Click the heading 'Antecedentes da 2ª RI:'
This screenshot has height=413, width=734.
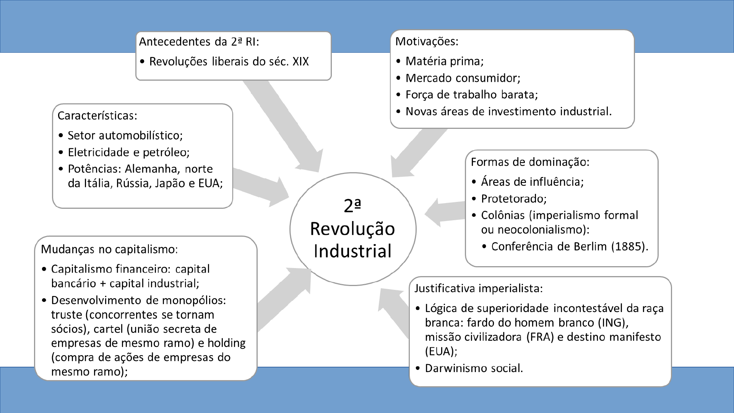click(x=199, y=42)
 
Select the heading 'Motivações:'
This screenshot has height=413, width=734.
click(x=427, y=41)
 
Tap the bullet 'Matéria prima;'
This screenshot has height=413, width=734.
click(x=444, y=61)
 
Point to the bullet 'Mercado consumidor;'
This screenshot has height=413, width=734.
click(x=463, y=78)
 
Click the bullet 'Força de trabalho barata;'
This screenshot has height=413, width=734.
click(x=471, y=94)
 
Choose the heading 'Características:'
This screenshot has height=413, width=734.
click(x=97, y=115)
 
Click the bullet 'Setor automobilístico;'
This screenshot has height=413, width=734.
click(x=125, y=135)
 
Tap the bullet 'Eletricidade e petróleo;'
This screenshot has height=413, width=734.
click(x=128, y=152)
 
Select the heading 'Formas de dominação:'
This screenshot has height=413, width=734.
click(x=530, y=162)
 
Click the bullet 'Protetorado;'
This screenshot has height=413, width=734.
click(x=514, y=198)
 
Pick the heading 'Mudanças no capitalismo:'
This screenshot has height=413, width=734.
click(x=109, y=249)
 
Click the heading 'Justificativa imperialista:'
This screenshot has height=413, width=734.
click(x=479, y=288)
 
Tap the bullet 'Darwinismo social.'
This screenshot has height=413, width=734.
click(x=474, y=368)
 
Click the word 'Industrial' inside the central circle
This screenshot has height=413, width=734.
click(x=352, y=251)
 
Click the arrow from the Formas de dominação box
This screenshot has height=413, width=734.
click(x=443, y=212)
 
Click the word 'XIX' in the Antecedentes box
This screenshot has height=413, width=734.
click(x=300, y=62)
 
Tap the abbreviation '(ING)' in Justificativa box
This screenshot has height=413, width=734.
click(x=613, y=323)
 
